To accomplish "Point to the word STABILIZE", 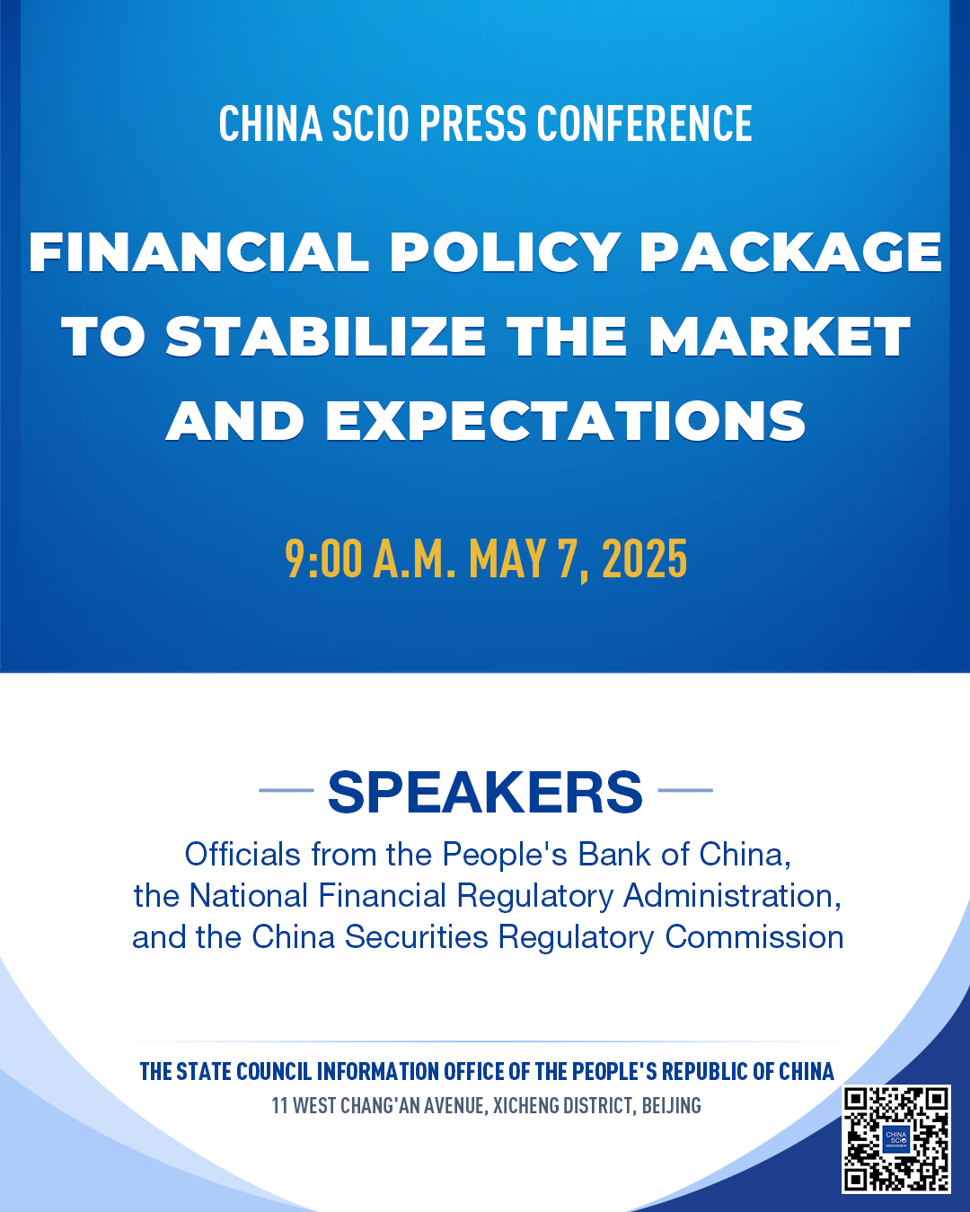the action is pyautogui.click(x=325, y=337).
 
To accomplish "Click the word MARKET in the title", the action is pyautogui.click(x=780, y=337).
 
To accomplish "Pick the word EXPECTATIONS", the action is pyautogui.click(x=565, y=421).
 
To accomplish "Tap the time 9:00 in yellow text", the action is pyautogui.click(x=323, y=558).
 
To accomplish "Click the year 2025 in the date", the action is pyautogui.click(x=644, y=558).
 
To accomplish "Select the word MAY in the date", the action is pyautogui.click(x=507, y=558).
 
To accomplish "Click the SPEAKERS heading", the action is pyautogui.click(x=485, y=792).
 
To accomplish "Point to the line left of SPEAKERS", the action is pyautogui.click(x=287, y=790).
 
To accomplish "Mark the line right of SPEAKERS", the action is pyautogui.click(x=685, y=790).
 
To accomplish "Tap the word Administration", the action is pyautogui.click(x=732, y=896).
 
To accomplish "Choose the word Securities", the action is pyautogui.click(x=416, y=937).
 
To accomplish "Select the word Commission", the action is pyautogui.click(x=754, y=937).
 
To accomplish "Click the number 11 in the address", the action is pyautogui.click(x=279, y=1105).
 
